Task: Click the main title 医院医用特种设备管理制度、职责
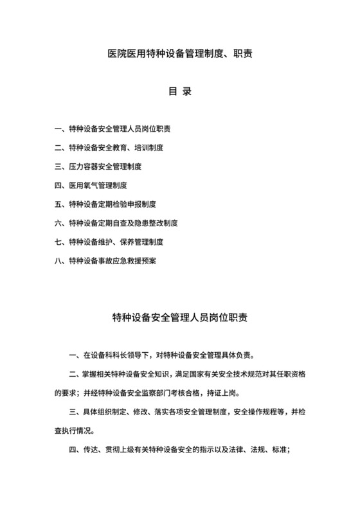(x=180, y=54)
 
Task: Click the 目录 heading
(x=180, y=91)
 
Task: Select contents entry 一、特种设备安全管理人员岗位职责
(x=115, y=129)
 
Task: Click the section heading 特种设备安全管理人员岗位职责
(x=180, y=317)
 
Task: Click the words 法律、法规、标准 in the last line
(x=260, y=449)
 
